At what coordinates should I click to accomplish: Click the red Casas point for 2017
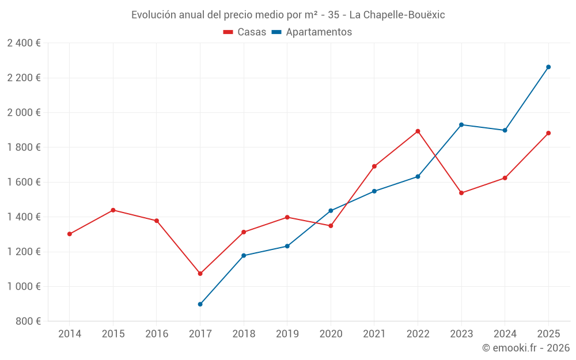tap(200, 274)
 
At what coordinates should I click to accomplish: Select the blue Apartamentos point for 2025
tap(548, 67)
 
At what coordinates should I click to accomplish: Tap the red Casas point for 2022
tap(418, 131)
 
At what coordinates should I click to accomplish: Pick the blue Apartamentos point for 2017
tap(200, 304)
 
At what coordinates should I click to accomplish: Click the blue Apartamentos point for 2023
tap(461, 124)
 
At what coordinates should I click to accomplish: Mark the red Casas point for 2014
tap(70, 234)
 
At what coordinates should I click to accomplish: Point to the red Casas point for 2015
tap(113, 210)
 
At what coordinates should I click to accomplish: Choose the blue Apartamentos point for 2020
tap(331, 211)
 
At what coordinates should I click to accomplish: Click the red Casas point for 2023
tap(461, 193)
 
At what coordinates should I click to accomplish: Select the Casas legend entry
tap(245, 32)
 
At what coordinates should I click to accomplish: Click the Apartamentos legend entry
tap(312, 32)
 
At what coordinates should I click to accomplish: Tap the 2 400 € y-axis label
tap(24, 43)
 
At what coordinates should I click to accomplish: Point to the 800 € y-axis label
tap(28, 321)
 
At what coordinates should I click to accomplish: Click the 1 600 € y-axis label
tap(24, 182)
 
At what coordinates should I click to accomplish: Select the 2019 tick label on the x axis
tap(287, 334)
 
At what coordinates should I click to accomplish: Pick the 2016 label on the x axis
tap(157, 334)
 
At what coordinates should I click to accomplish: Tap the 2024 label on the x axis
tap(505, 334)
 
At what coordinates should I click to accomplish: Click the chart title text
tap(288, 15)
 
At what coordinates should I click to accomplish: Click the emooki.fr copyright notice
tap(526, 348)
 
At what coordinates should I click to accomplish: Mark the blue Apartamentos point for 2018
tap(244, 256)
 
